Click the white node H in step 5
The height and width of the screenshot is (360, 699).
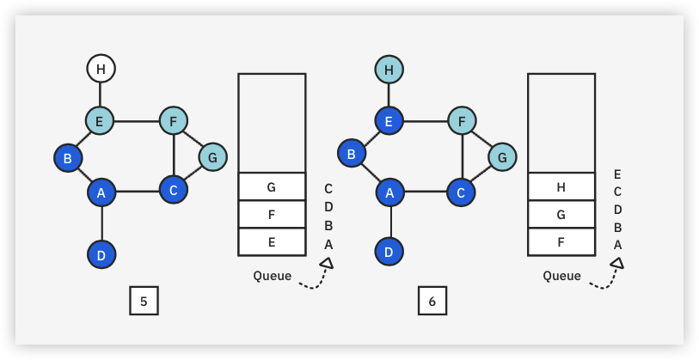click(x=101, y=68)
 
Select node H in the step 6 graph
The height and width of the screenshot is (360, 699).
click(x=389, y=69)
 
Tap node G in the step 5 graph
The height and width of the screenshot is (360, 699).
click(x=212, y=157)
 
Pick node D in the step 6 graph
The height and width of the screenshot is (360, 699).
click(x=389, y=253)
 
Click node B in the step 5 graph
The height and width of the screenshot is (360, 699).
click(x=68, y=158)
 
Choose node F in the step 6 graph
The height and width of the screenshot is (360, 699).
click(x=462, y=121)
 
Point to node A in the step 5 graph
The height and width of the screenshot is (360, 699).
click(x=101, y=192)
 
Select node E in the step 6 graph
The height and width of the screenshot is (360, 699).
click(x=389, y=122)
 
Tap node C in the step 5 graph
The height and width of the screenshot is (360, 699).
click(x=174, y=189)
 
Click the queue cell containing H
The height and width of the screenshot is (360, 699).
click(x=561, y=186)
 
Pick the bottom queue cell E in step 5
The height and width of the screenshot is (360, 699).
click(x=272, y=241)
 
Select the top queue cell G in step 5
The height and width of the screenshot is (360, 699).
click(x=272, y=186)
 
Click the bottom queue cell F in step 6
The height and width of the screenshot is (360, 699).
click(x=561, y=241)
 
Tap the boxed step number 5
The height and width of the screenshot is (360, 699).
click(x=144, y=301)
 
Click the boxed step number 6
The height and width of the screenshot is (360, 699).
click(x=432, y=301)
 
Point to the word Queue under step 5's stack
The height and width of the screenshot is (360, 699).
click(x=273, y=276)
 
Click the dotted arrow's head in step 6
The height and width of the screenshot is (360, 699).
click(x=616, y=264)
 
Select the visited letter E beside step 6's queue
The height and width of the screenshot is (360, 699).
click(x=617, y=174)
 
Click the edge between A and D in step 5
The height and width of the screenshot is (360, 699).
click(x=101, y=223)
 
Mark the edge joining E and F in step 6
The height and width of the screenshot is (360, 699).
click(x=426, y=121)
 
